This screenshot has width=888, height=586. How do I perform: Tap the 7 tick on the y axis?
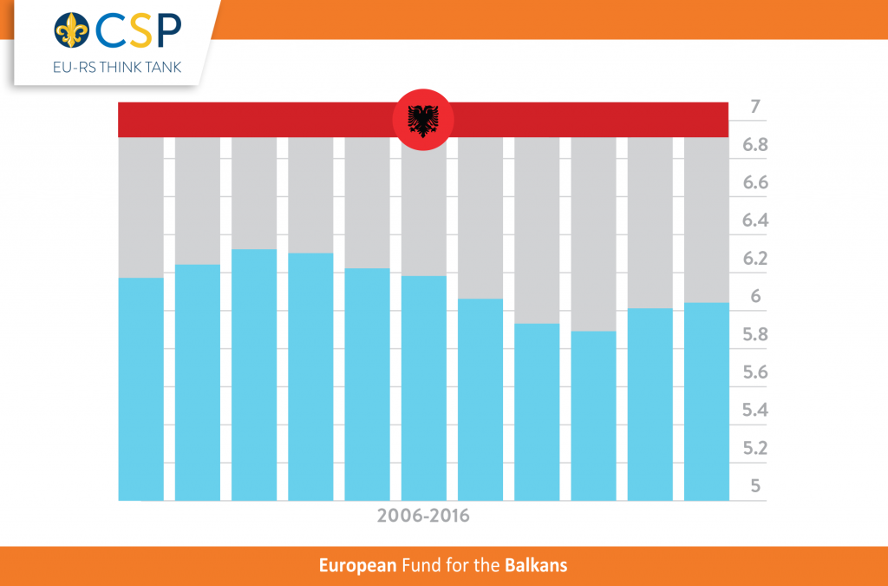tap(754, 109)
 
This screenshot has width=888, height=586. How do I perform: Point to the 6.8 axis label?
tap(754, 145)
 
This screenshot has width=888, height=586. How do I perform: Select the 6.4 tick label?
tap(754, 221)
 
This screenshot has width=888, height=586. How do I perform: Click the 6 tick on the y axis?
tap(754, 297)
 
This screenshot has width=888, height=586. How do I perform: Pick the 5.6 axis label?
tap(754, 372)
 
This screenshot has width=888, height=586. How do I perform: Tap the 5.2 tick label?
tap(754, 448)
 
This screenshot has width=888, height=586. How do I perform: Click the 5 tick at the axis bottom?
tap(754, 486)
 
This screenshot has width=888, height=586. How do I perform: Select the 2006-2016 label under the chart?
tap(423, 516)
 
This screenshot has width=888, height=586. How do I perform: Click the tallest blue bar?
tap(254, 374)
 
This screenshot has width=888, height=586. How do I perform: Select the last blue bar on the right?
tap(707, 401)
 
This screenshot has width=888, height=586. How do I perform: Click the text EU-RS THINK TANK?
tap(116, 67)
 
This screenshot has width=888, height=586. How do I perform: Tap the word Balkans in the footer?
tap(536, 566)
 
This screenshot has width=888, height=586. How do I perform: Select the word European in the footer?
tap(357, 566)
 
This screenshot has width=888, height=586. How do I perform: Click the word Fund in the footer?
tap(419, 566)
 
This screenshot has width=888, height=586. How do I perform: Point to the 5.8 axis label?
tap(754, 335)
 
